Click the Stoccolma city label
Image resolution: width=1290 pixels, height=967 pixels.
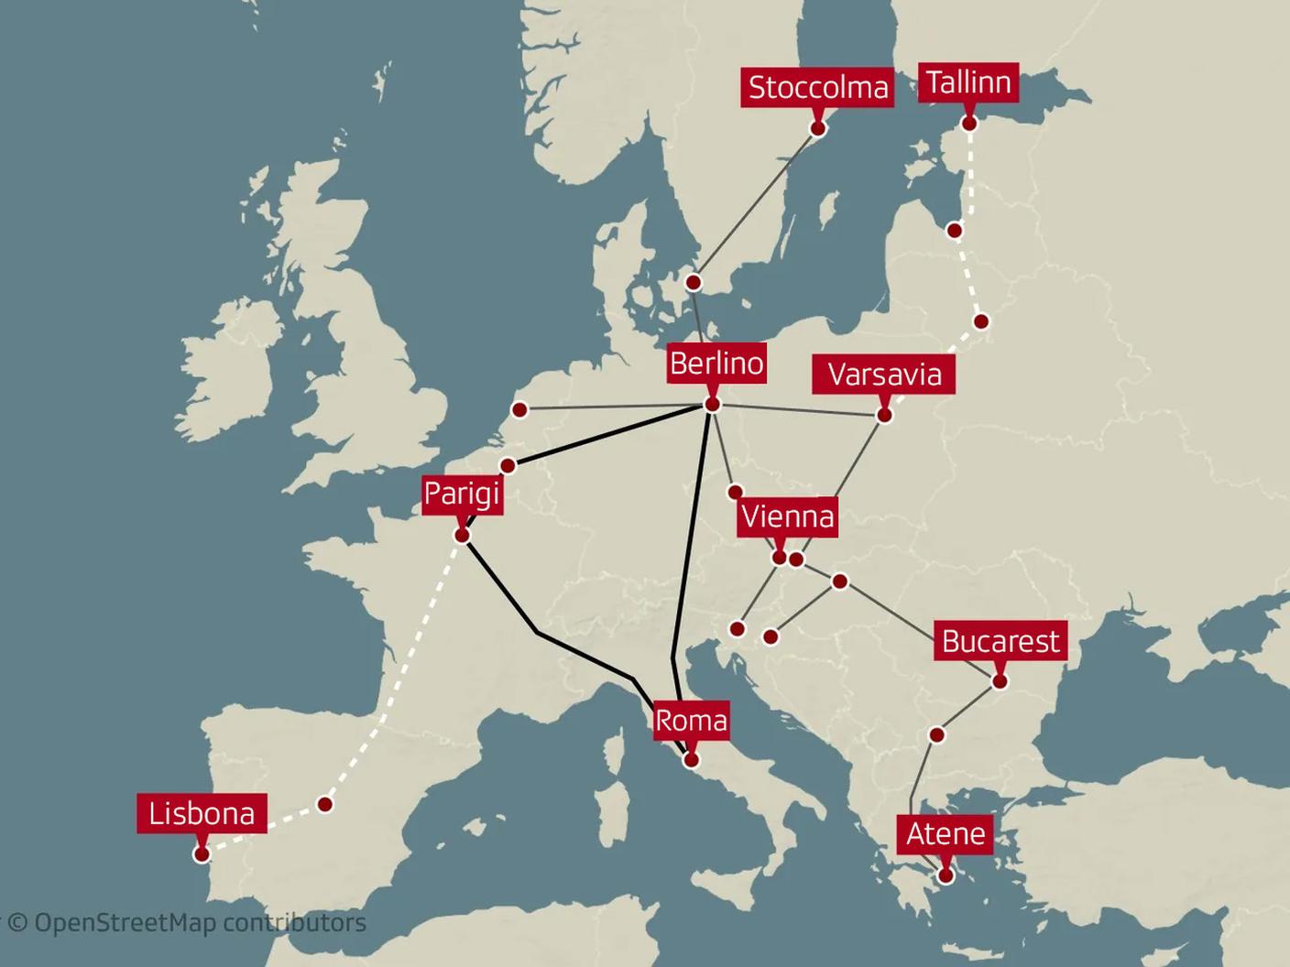[x=817, y=87]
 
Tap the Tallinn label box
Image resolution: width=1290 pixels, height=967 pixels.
[x=967, y=82]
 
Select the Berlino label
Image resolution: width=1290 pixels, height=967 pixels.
[x=716, y=364]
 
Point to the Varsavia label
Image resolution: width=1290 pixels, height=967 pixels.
[x=884, y=375]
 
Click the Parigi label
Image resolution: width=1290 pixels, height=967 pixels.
[x=462, y=494]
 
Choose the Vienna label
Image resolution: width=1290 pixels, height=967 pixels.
[x=787, y=516]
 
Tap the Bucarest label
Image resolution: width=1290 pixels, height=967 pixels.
[x=1000, y=641]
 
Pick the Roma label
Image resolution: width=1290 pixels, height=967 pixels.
[x=691, y=721]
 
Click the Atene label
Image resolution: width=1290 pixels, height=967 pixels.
[x=946, y=834]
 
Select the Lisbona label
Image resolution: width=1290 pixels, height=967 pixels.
[x=202, y=813]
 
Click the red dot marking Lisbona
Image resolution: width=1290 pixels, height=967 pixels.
[x=202, y=854]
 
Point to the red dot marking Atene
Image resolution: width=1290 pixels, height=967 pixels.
[x=946, y=875]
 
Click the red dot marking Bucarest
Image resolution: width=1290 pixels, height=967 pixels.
[x=1000, y=681]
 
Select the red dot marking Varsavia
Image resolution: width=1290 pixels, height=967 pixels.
[x=884, y=415]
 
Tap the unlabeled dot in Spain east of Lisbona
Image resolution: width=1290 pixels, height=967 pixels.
[x=324, y=804]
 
